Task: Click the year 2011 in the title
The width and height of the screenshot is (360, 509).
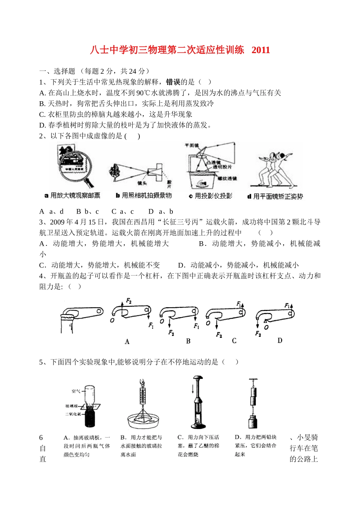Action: point(261,50)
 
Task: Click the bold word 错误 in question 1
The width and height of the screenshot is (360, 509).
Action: point(173,82)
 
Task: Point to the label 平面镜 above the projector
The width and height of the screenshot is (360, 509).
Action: point(192,145)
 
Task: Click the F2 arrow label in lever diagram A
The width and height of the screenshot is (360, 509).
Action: point(128,301)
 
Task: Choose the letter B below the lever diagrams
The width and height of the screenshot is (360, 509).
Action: point(188,341)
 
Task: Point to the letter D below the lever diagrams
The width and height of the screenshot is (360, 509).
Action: point(280,341)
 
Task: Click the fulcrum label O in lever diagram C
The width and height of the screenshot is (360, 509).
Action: point(208,323)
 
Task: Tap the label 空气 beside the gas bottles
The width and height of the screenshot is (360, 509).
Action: point(76,391)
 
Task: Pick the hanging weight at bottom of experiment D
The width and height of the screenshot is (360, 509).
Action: point(253,423)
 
